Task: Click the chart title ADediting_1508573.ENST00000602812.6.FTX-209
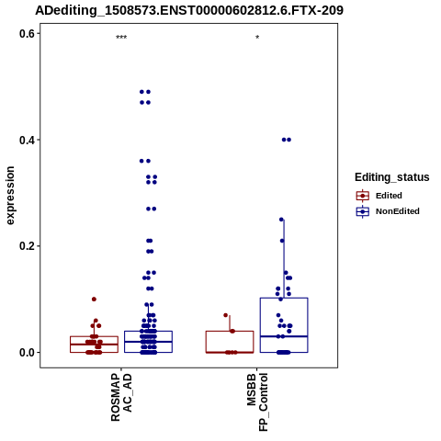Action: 189,10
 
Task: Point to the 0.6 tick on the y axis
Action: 27,33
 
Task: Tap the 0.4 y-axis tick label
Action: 27,140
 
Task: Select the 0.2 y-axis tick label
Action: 27,246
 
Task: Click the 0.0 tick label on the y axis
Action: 27,352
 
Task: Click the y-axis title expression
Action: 10,196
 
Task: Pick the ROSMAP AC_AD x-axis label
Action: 121,397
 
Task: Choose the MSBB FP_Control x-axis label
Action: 257,401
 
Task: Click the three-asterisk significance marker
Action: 121,38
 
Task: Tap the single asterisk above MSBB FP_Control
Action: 257,38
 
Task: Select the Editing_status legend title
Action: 391,177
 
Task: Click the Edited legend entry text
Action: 389,196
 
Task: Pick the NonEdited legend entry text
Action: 398,211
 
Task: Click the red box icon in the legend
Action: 363,196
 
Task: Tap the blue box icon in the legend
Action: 363,211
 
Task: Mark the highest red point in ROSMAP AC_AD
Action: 94,300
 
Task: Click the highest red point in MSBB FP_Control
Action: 226,315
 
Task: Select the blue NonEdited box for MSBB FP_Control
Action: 284,325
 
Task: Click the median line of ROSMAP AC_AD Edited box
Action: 94,345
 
